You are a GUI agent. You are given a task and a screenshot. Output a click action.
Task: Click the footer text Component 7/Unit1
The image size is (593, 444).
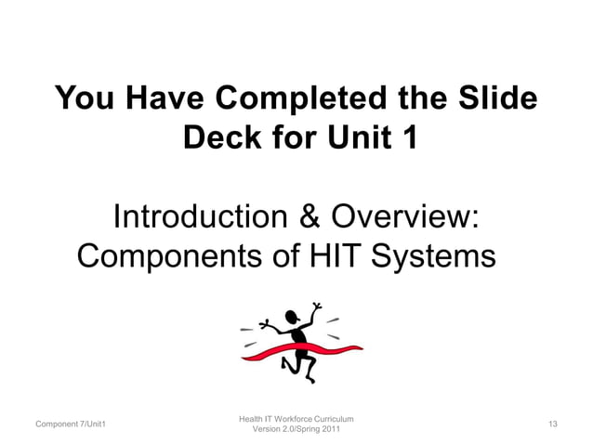coord(70,424)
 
